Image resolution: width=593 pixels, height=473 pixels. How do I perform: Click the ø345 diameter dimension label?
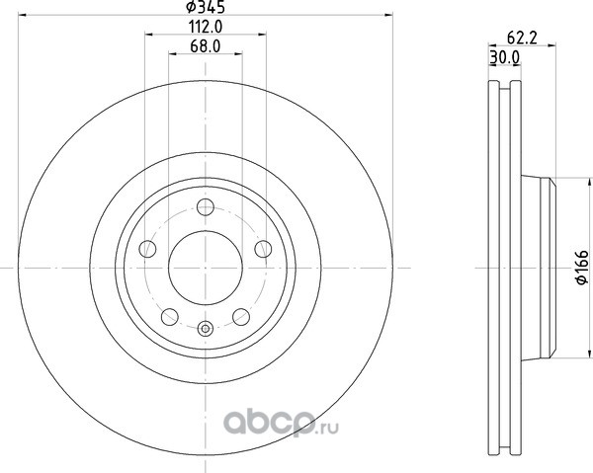[x=206, y=7]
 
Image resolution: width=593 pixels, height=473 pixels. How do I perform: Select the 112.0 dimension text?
[x=206, y=27]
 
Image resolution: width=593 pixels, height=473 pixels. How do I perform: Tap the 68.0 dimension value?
[x=206, y=46]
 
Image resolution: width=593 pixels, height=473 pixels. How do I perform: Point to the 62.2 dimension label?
[x=522, y=38]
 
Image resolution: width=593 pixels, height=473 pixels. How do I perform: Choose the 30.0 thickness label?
[x=505, y=57]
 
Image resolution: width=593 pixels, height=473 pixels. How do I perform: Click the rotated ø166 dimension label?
[x=582, y=267]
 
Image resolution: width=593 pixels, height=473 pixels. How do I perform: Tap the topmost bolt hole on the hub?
[x=206, y=207]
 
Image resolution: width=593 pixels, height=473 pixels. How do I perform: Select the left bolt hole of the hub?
[x=147, y=249]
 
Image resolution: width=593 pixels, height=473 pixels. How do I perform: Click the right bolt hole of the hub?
[x=263, y=249]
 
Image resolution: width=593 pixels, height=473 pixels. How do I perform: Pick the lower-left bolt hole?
[x=170, y=317]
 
